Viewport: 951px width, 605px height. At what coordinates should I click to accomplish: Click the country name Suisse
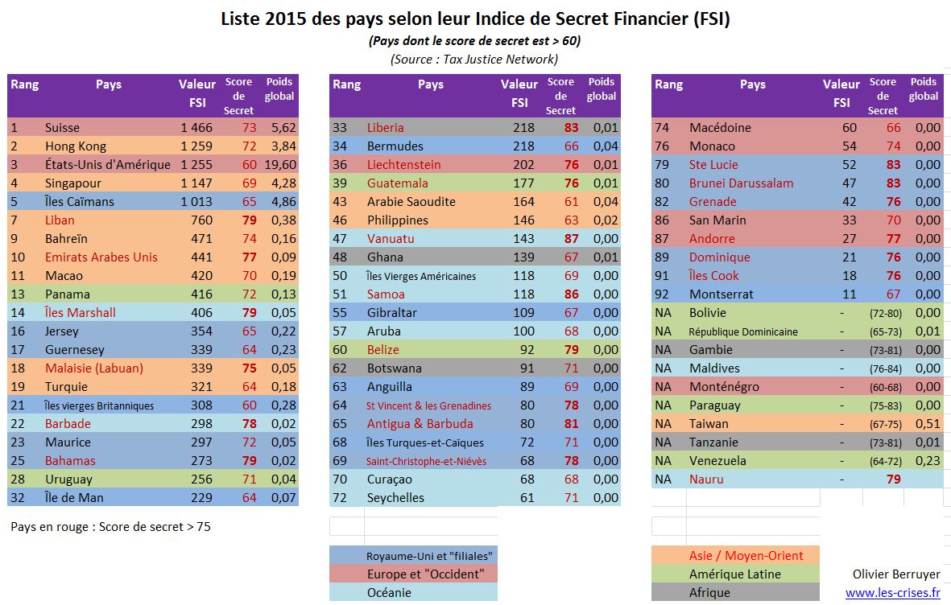pyautogui.click(x=62, y=128)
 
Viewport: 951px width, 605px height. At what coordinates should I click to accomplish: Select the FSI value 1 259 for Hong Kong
pyautogui.click(x=196, y=146)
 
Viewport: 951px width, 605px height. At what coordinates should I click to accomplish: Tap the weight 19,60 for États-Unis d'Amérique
pyautogui.click(x=281, y=165)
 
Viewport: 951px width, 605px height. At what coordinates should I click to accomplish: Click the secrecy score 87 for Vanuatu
pyautogui.click(x=571, y=239)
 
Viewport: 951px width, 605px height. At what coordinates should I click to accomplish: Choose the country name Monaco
pyautogui.click(x=712, y=146)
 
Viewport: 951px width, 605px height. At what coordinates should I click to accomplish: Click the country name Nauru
pyautogui.click(x=706, y=479)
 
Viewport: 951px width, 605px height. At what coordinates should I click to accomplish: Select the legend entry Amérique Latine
pyautogui.click(x=734, y=574)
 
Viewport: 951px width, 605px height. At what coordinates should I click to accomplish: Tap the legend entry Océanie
pyautogui.click(x=388, y=593)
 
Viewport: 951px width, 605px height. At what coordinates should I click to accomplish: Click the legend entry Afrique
pyautogui.click(x=709, y=593)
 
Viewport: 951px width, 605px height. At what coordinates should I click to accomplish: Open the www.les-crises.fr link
pyautogui.click(x=892, y=593)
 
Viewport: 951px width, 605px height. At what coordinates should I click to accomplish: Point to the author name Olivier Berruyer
pyautogui.click(x=896, y=574)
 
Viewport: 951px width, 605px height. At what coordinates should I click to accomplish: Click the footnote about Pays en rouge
pyautogui.click(x=111, y=527)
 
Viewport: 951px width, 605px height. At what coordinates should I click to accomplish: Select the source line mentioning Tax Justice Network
pyautogui.click(x=474, y=59)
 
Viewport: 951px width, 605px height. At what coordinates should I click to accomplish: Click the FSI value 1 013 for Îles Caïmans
pyautogui.click(x=196, y=202)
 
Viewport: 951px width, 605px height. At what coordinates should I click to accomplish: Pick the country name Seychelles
pyautogui.click(x=395, y=498)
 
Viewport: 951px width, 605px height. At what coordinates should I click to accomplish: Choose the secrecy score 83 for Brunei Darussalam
pyautogui.click(x=893, y=183)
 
